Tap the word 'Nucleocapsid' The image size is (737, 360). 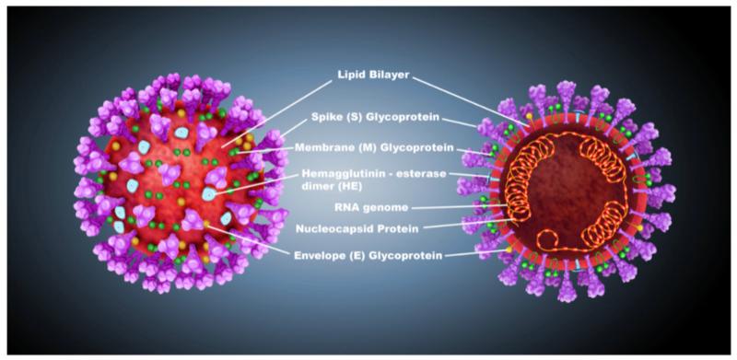coord(339,227)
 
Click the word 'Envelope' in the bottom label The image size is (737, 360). coord(322,255)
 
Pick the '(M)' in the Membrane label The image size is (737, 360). coord(364,147)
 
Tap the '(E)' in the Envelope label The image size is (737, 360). coord(359,255)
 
